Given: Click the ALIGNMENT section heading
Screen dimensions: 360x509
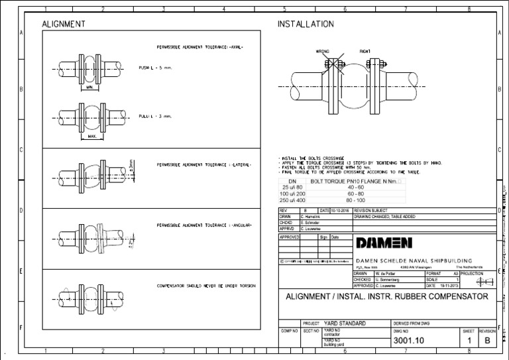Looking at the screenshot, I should [64, 24].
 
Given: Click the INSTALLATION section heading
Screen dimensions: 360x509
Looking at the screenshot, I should [305, 24].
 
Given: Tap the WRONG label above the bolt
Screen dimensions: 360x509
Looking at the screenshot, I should [323, 50].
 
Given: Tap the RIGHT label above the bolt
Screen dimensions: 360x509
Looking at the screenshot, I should [365, 50].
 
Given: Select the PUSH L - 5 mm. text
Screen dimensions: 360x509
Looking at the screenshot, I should [155, 68].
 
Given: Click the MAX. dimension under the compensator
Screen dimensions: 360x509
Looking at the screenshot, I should [91, 137].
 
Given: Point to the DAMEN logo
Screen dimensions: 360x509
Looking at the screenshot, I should [384, 242].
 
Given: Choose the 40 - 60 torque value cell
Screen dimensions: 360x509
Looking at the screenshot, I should [355, 187].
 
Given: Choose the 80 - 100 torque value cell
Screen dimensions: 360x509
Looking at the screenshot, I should [355, 200].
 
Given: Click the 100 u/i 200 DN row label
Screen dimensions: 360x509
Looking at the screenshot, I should [293, 194].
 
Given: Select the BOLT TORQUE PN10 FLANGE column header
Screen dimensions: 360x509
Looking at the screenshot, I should [355, 180].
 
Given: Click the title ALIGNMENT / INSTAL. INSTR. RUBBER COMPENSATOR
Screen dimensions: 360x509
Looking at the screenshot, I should [387, 296].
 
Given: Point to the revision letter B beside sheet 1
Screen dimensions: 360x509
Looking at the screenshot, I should [487, 341].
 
